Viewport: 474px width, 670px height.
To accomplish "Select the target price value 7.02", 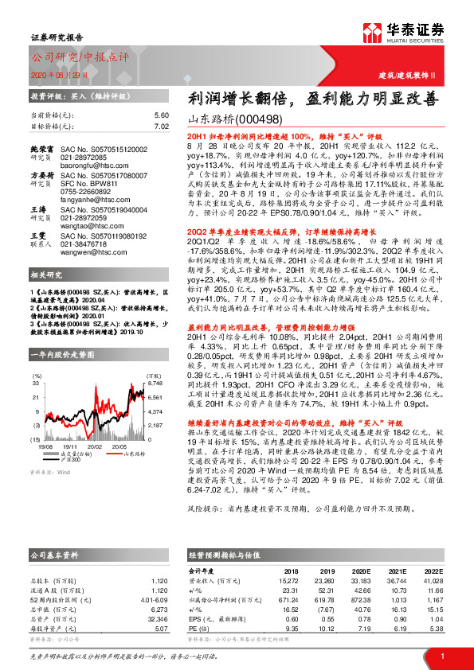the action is tap(162, 127).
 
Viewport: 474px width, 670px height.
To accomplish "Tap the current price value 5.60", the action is tap(162, 115).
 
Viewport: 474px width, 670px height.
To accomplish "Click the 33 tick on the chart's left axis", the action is tap(37, 361).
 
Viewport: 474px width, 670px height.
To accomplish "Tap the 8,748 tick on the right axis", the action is tap(155, 361).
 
